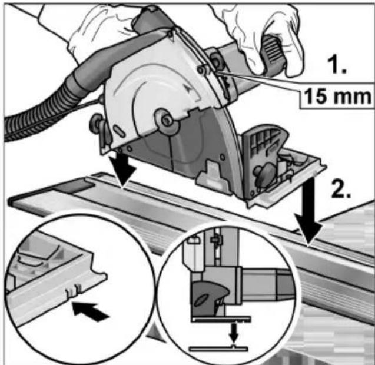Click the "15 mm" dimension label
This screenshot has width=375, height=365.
tap(337, 96)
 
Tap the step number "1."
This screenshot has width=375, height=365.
tap(337, 64)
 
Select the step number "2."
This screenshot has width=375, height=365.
tap(340, 188)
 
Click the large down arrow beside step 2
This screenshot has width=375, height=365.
tap(308, 211)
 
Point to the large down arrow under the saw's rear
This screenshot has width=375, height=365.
tap(122, 168)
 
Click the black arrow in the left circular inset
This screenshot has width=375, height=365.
tap(91, 311)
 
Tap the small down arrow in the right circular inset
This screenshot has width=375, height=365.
tap(233, 333)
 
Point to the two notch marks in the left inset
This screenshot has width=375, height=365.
tap(73, 290)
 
